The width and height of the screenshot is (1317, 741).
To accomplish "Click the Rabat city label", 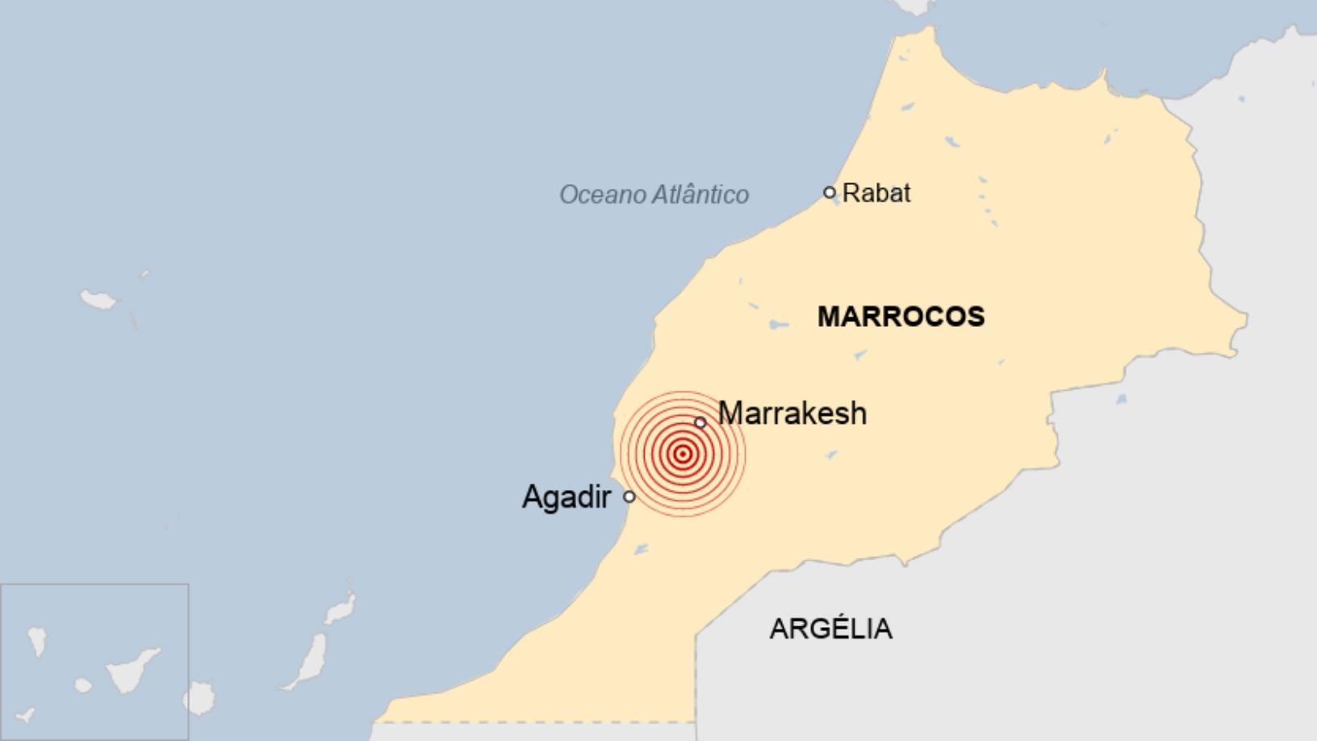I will coord(876,193).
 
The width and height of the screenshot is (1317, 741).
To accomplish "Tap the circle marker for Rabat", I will coord(830,192).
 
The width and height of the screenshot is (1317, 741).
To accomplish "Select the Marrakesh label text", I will coord(792,413).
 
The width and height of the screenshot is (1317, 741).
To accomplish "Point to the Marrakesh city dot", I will coord(700,422).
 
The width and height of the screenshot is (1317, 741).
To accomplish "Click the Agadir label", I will coord(567,496).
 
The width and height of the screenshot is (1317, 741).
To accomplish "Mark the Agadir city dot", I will coord(629,496).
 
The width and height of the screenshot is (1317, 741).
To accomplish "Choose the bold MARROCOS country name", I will coord(901,316).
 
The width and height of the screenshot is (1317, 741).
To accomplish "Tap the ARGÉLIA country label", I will coord(831,628).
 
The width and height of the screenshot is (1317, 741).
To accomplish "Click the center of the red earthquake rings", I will coord(683,454).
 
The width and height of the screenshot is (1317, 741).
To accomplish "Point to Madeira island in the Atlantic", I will coord(98,299).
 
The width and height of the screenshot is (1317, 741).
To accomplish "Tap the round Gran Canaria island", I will coord(199,698).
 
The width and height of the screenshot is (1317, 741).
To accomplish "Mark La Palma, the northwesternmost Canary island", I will coord(36,640).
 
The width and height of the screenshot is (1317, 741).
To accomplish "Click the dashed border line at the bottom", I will coord(533,722).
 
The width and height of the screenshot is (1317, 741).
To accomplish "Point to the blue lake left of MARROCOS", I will coord(778,324).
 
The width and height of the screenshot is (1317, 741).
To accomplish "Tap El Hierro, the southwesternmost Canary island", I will coord(27,714).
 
